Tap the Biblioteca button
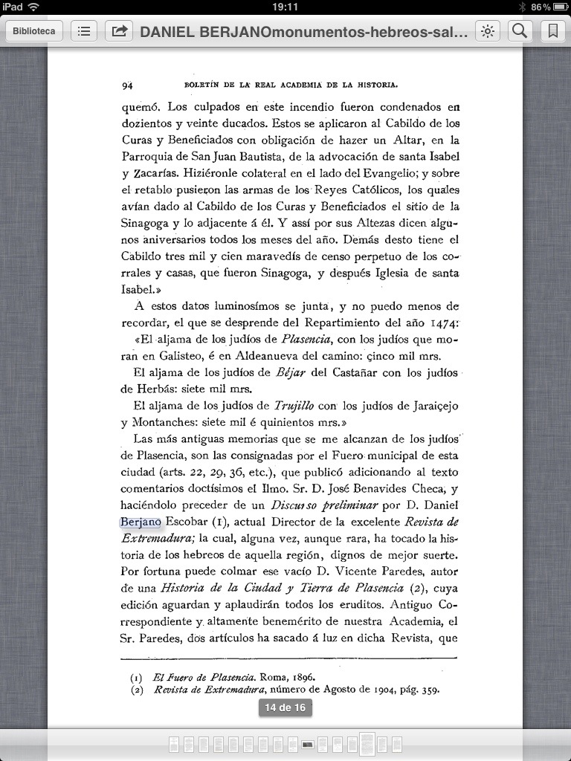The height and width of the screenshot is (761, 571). (x=34, y=31)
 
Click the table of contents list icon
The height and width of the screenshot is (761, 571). (x=84, y=31)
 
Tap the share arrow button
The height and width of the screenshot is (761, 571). (x=118, y=31)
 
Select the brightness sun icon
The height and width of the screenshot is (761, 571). (x=488, y=31)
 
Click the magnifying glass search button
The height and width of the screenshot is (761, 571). (x=520, y=31)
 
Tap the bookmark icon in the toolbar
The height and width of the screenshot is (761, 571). (x=552, y=31)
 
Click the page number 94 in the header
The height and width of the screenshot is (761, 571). (x=126, y=85)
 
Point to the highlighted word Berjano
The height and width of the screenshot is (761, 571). (x=141, y=522)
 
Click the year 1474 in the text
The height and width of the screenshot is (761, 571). (x=445, y=323)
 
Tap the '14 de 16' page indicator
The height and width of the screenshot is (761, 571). (x=285, y=707)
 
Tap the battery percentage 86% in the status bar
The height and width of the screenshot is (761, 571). (x=541, y=7)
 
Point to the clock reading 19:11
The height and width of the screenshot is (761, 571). (x=285, y=7)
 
